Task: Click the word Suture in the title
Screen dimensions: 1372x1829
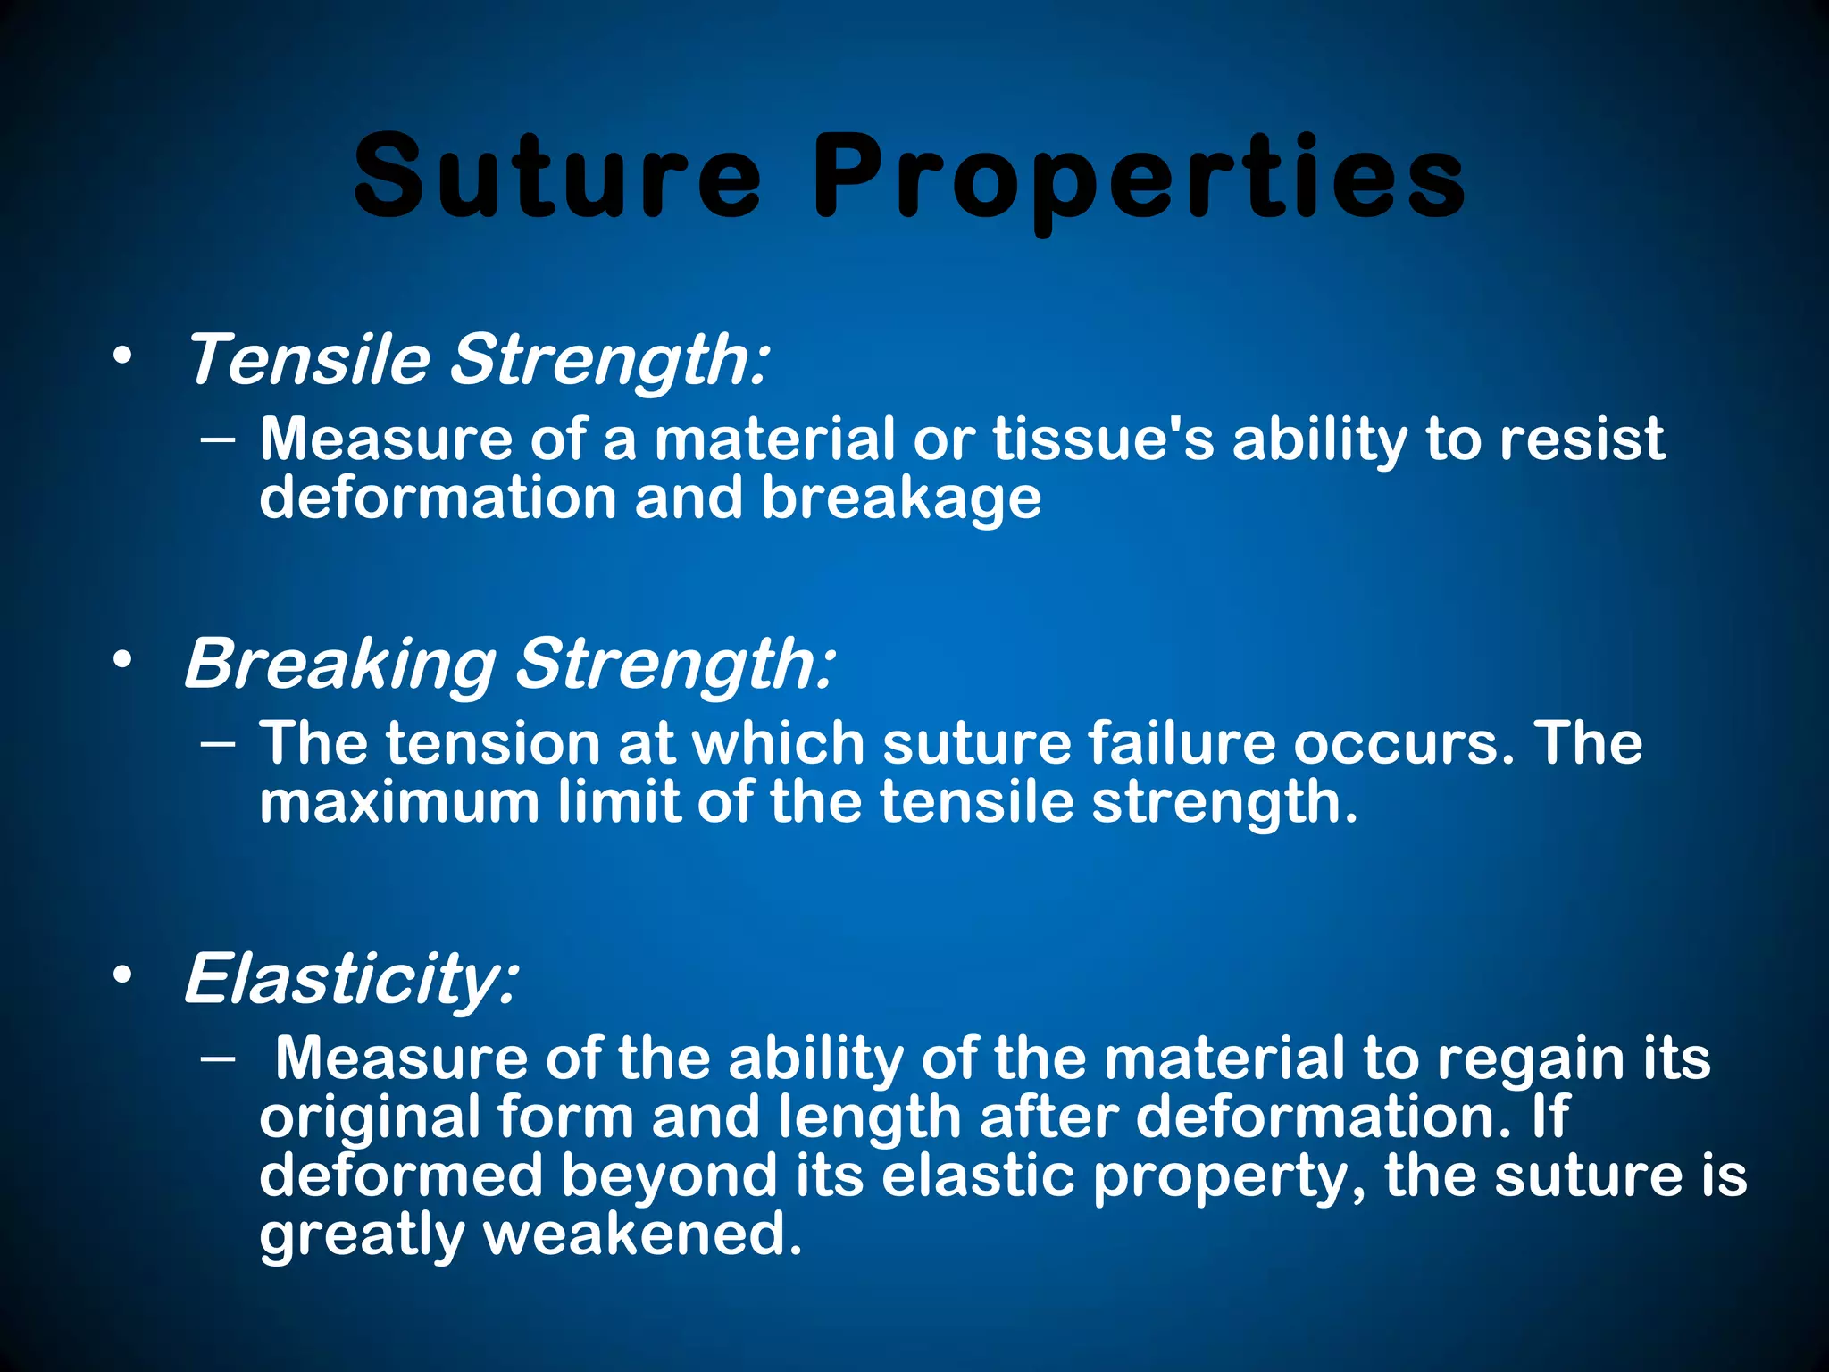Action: click(558, 176)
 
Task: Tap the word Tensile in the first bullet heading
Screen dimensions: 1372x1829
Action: click(308, 359)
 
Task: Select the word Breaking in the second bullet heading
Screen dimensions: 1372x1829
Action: click(339, 665)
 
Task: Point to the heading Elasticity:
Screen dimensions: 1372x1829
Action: click(350, 979)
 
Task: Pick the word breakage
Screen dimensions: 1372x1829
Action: click(901, 498)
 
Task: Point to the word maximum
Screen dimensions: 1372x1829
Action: click(399, 801)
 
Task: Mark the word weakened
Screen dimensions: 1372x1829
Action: click(642, 1234)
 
